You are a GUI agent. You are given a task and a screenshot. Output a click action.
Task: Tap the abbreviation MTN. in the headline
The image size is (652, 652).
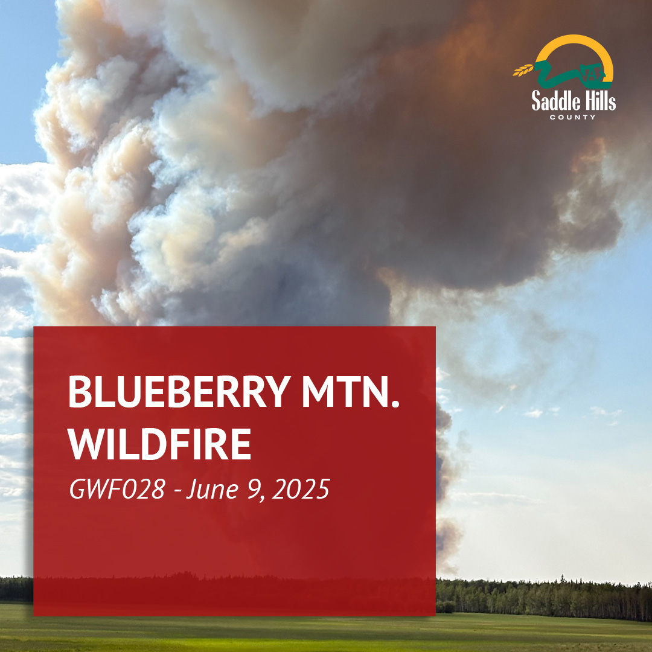pos(351,392)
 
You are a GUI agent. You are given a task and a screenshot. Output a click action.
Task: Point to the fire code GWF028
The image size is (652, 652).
pos(117,489)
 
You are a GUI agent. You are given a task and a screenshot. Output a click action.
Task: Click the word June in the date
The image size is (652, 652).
pos(212,490)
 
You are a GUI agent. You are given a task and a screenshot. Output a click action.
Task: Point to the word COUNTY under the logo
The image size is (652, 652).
pos(572,117)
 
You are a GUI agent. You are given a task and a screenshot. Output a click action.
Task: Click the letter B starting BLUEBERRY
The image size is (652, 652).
pos(80,392)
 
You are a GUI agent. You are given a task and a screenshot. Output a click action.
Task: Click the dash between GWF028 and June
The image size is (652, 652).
pos(178,491)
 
